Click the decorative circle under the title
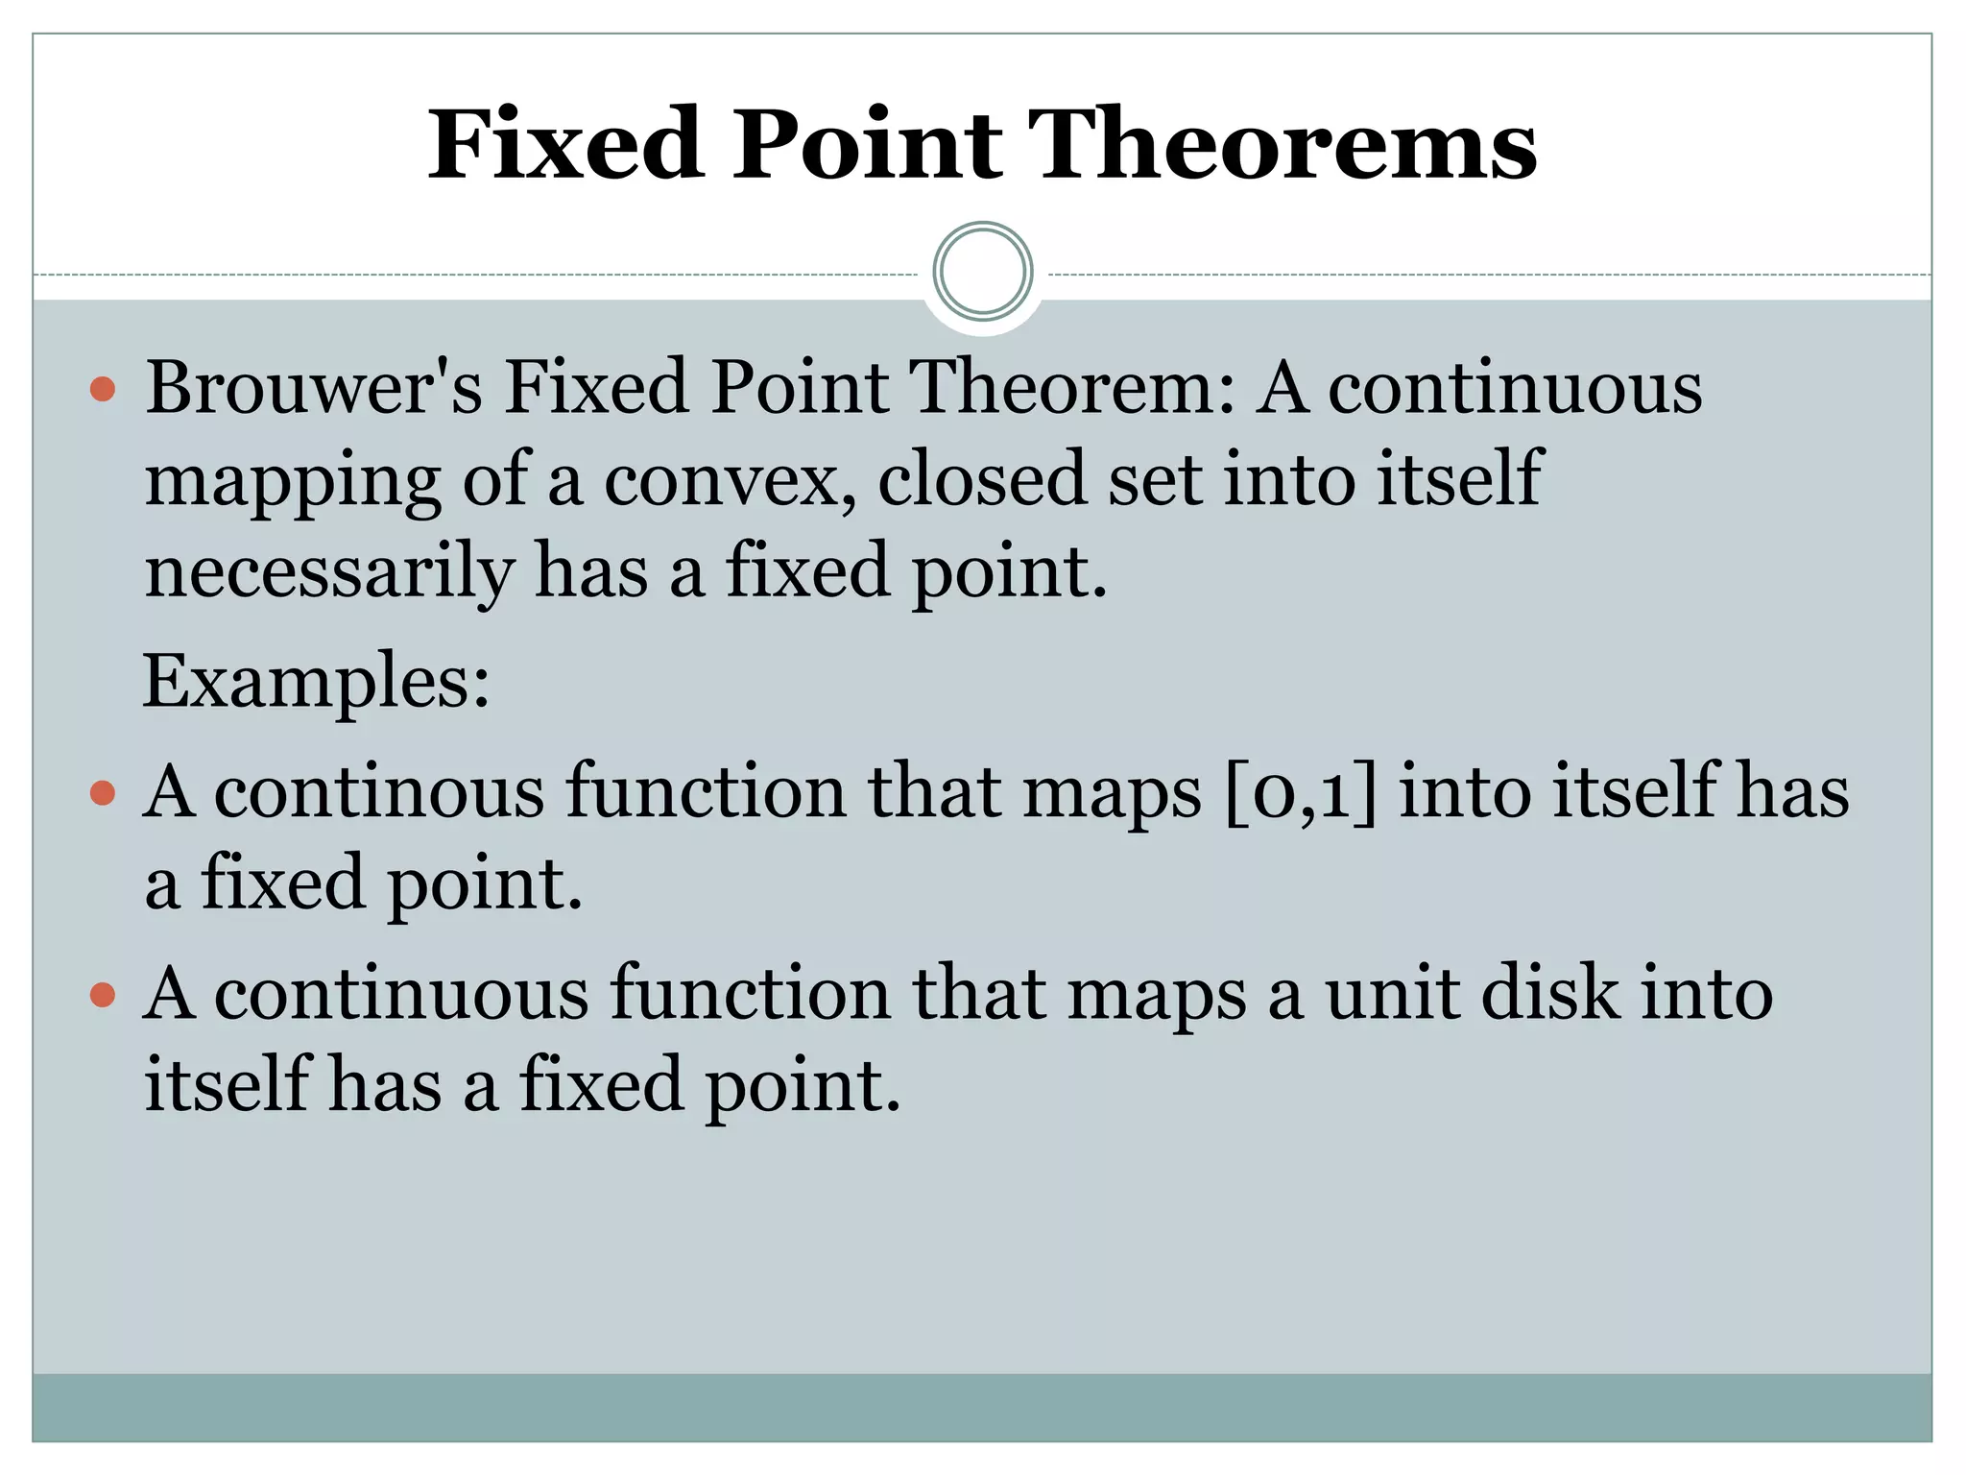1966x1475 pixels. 982,272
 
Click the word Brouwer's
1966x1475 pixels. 314,387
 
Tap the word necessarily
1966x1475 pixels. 328,570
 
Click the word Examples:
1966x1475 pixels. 316,681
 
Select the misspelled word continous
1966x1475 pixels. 378,792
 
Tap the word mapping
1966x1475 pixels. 293,482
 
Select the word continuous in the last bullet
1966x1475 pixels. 401,994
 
